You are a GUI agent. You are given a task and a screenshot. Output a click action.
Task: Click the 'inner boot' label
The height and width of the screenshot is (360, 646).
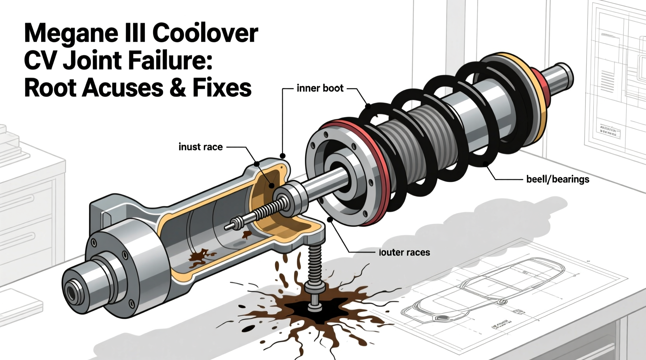(x=320, y=88)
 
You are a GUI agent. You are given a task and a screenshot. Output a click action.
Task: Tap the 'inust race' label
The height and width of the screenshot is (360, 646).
(x=200, y=147)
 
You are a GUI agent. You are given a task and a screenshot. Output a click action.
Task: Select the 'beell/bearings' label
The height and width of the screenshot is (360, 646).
(x=557, y=179)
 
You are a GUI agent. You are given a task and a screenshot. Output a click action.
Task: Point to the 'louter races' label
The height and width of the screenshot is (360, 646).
(x=404, y=253)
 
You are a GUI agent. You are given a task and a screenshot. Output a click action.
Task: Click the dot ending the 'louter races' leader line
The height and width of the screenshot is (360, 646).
(x=331, y=220)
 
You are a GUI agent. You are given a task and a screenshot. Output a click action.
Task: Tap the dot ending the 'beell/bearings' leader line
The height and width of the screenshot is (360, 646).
(x=486, y=164)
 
